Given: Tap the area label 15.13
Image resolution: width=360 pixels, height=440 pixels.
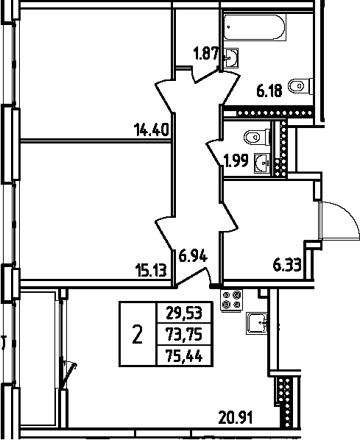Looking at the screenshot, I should click(x=152, y=269).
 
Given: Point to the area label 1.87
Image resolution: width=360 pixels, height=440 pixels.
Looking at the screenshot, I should click(x=205, y=52).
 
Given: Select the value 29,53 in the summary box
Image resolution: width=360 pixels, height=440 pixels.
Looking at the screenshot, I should click(x=184, y=311).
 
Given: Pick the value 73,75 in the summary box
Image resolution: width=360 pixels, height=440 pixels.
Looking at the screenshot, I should click(x=184, y=334).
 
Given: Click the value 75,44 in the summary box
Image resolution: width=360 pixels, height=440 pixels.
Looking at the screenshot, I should click(x=184, y=357).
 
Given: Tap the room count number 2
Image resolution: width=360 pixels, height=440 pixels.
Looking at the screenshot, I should click(x=137, y=336).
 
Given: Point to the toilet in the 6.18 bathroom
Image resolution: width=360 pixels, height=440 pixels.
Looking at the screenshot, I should click(x=298, y=87).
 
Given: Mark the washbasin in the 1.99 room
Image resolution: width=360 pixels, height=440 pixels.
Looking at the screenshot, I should click(x=260, y=163).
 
